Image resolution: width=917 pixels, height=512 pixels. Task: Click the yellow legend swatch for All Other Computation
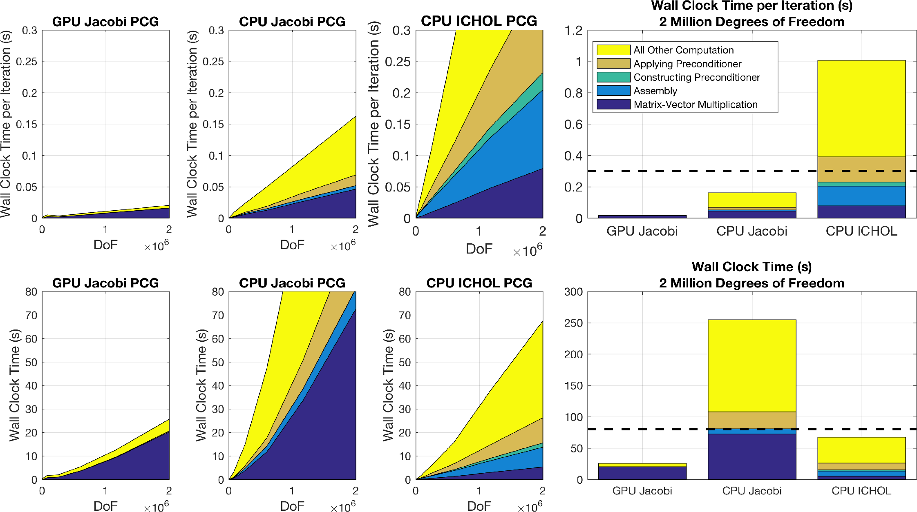(x=613, y=50)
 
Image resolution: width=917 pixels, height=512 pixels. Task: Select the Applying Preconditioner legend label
(x=687, y=64)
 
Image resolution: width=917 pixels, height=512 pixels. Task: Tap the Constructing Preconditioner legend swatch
(x=613, y=77)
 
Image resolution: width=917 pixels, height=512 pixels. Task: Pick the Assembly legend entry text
(x=655, y=91)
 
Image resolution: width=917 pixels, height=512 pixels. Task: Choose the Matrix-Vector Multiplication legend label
(x=696, y=105)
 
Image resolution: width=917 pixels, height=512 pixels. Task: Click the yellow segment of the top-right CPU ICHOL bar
(x=861, y=108)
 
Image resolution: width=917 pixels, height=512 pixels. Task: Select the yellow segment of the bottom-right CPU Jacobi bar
(x=752, y=365)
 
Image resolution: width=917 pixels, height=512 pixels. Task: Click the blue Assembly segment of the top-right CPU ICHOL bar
(x=861, y=196)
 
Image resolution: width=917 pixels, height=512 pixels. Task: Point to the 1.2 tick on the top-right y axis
(x=573, y=31)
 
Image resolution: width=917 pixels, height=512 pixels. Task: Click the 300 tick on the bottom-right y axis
(x=573, y=292)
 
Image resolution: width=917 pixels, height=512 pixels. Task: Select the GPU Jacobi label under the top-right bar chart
(x=642, y=231)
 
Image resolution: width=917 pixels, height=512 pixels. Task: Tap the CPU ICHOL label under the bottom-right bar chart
(x=861, y=491)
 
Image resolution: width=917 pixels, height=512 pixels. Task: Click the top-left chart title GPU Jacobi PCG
(x=105, y=21)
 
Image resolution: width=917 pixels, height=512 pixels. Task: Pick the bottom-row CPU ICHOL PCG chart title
(x=479, y=283)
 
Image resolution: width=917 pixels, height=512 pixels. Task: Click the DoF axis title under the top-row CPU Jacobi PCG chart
(x=292, y=245)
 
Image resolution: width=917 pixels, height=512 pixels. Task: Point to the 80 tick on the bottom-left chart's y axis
(x=31, y=292)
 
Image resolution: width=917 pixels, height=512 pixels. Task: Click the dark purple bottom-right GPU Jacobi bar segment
(x=642, y=473)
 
